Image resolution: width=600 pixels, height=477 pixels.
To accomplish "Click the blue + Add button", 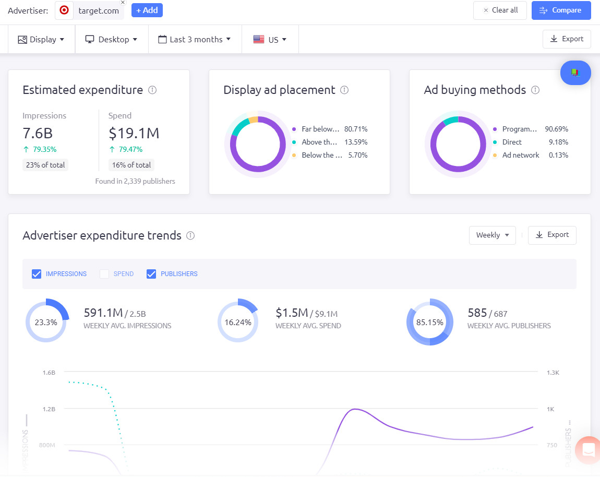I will (x=147, y=10).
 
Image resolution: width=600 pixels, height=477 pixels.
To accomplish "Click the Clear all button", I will (x=499, y=10).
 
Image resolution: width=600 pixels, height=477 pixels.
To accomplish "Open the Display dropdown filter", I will (x=41, y=40).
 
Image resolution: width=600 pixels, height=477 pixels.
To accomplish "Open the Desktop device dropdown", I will (x=111, y=40).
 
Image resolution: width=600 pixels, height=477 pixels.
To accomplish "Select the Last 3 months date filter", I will (x=195, y=40).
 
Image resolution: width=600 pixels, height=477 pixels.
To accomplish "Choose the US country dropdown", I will (x=270, y=40).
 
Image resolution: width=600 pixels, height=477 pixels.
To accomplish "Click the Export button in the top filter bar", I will (x=567, y=39).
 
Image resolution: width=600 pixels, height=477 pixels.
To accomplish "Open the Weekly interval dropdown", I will (x=492, y=235).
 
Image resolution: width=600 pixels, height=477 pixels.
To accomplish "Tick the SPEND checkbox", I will (x=104, y=274).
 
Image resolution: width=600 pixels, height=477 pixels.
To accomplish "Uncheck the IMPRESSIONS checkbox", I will (x=37, y=274).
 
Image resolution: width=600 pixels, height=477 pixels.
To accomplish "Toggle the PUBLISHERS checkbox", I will (x=151, y=274).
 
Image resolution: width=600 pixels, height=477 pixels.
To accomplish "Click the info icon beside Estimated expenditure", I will (x=152, y=90).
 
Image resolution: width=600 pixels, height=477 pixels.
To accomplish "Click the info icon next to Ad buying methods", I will (x=535, y=90).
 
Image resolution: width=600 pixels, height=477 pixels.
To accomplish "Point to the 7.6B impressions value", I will (x=38, y=133).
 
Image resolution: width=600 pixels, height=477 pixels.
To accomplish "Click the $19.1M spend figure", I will (x=134, y=133).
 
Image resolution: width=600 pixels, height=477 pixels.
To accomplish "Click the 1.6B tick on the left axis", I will (x=49, y=373).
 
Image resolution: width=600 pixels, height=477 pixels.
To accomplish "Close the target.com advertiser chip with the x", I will (x=123, y=3).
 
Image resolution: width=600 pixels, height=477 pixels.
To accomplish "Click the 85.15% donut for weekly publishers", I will (x=429, y=323).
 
